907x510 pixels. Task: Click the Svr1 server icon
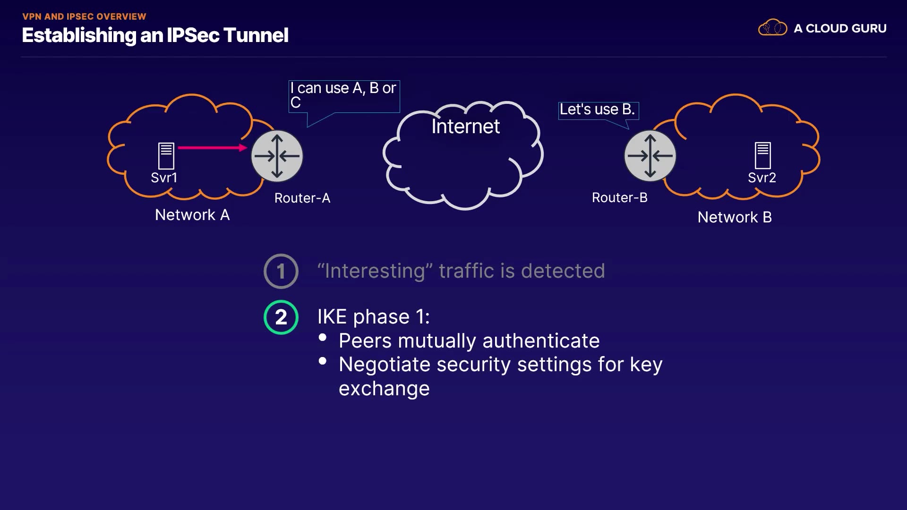pyautogui.click(x=166, y=155)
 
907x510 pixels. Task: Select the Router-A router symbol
pyautogui.click(x=277, y=156)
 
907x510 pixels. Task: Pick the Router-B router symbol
pyautogui.click(x=650, y=156)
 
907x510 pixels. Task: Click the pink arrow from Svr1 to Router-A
pyautogui.click(x=212, y=148)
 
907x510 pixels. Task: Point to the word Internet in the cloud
pyautogui.click(x=465, y=127)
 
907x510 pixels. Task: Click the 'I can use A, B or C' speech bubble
pyautogui.click(x=344, y=96)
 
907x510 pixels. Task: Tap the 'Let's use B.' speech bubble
pyautogui.click(x=598, y=110)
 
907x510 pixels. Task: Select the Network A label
pyautogui.click(x=192, y=215)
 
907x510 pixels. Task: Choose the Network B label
pyautogui.click(x=735, y=217)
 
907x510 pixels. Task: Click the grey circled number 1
pyautogui.click(x=281, y=271)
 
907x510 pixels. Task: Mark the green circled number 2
pyautogui.click(x=281, y=317)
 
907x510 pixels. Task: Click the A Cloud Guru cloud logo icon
pyautogui.click(x=772, y=28)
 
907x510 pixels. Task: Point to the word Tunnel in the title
pyautogui.click(x=255, y=35)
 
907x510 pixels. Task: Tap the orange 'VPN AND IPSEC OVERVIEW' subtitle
pyautogui.click(x=84, y=17)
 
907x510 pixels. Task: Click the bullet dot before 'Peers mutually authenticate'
pyautogui.click(x=323, y=337)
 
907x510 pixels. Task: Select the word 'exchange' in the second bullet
pyautogui.click(x=384, y=389)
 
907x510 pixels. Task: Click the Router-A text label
pyautogui.click(x=302, y=198)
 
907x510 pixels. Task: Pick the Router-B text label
pyautogui.click(x=619, y=197)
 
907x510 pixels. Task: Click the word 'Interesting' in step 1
pyautogui.click(x=375, y=271)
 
